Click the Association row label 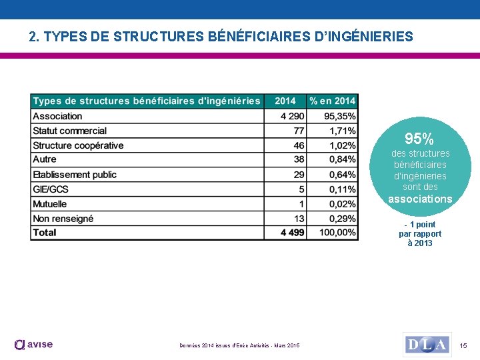58,116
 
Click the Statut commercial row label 70,131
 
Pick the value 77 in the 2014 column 299,131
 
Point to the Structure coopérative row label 78,145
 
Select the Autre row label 45,159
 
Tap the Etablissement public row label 75,175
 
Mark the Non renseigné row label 63,219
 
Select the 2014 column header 285,101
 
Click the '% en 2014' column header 333,101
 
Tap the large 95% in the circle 419,139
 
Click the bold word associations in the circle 420,199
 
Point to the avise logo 33,345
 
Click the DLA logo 427,345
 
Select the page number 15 464,345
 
